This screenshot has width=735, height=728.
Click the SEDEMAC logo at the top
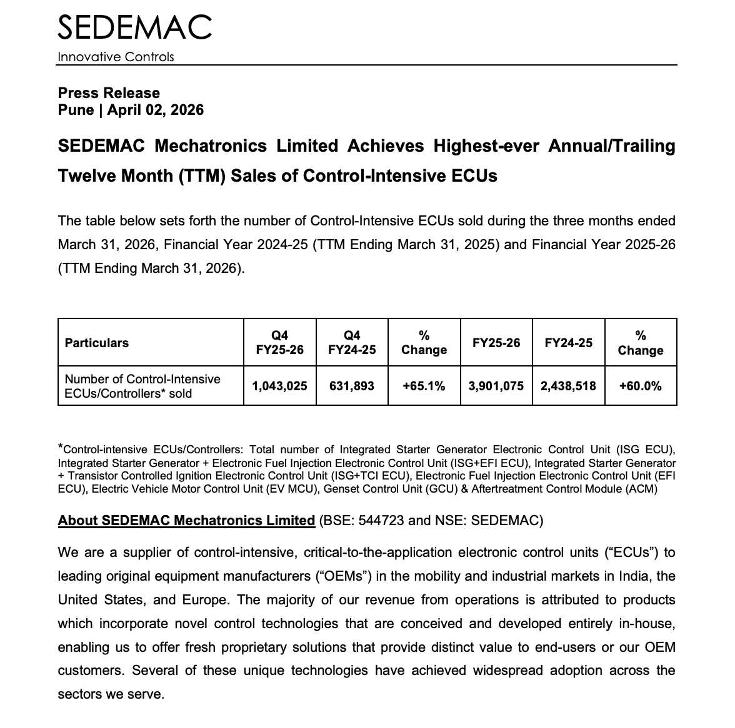134,27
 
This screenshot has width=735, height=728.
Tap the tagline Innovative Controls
116,57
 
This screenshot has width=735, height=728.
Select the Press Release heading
109,93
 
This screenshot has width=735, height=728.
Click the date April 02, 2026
155,110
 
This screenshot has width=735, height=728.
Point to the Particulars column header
97,343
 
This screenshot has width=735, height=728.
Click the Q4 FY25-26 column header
279,343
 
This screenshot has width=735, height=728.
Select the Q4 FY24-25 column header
352,343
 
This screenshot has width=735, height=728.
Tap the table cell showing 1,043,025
279,386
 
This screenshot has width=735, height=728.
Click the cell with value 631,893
352,386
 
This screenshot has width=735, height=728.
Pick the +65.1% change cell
424,386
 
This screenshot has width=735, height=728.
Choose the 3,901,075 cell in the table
496,386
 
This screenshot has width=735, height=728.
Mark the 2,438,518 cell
568,386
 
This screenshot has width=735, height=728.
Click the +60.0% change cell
640,386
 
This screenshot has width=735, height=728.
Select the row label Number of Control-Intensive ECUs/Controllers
142,386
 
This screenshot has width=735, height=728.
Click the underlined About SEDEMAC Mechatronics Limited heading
186,520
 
